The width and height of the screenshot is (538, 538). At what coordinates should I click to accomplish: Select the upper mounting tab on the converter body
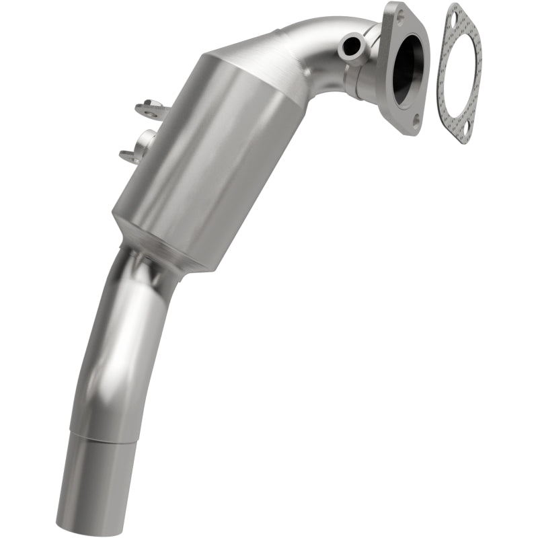(x=152, y=109)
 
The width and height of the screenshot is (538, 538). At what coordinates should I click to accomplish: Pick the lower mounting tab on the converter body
(x=138, y=151)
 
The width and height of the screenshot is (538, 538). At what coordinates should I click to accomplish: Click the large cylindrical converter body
(x=202, y=168)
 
